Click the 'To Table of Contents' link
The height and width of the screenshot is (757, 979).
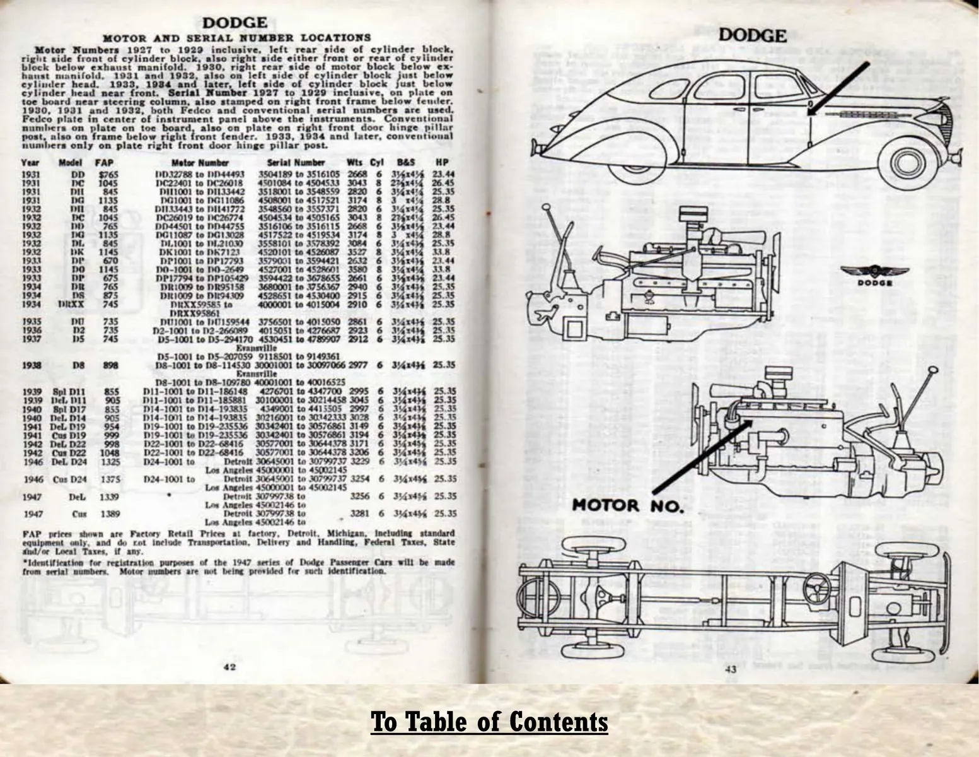tap(489, 721)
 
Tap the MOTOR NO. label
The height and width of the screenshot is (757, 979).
tap(628, 505)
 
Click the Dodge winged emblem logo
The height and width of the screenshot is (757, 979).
tap(874, 273)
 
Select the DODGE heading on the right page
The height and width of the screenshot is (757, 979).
tap(753, 35)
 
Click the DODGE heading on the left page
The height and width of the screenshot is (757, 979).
tap(235, 23)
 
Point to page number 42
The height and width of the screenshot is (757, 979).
tap(229, 667)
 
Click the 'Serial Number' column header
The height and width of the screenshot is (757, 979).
tap(296, 162)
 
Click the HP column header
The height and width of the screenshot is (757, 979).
tap(442, 162)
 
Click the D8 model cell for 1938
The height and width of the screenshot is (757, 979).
tap(79, 365)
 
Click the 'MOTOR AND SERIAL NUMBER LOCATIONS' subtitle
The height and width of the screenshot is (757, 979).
tap(236, 38)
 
